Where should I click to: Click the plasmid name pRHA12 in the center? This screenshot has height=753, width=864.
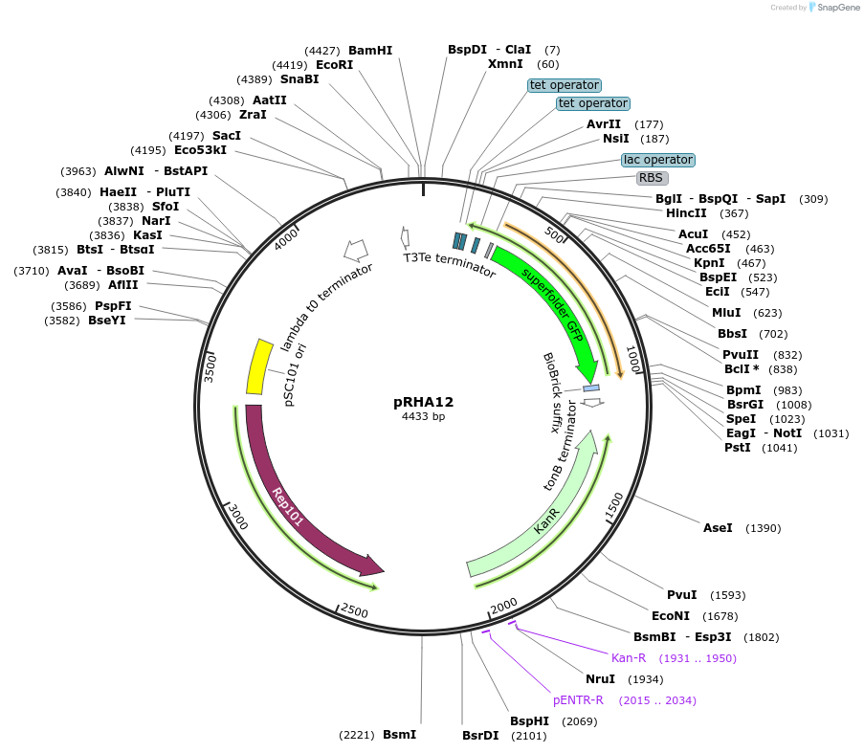point(423,403)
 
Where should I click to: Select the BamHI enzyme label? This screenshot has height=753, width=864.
point(370,51)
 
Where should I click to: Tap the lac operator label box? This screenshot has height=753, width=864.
point(657,160)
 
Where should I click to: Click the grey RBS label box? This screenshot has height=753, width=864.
point(652,178)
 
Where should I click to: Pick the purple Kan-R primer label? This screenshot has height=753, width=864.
point(629,658)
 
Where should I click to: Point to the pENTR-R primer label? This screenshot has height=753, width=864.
point(578,700)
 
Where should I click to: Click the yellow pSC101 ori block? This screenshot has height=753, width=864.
point(260,366)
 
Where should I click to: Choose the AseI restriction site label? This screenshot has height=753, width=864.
point(718,528)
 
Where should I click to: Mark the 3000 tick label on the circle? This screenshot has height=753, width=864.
point(236,517)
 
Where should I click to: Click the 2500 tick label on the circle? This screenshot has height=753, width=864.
point(354,610)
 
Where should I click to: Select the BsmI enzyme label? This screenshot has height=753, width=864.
point(399,735)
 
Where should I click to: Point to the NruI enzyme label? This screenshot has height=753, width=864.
point(600,679)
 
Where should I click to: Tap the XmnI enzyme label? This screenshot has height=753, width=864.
point(505,64)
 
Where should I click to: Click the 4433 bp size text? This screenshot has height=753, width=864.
point(423,416)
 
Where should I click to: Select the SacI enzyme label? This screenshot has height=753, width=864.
point(227,136)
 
